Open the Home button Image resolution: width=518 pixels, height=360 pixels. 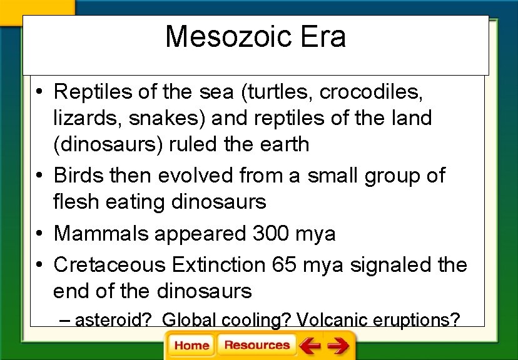click(191, 345)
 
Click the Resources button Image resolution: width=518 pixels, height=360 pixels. click(256, 345)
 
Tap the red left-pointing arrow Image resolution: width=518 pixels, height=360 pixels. click(309, 345)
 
